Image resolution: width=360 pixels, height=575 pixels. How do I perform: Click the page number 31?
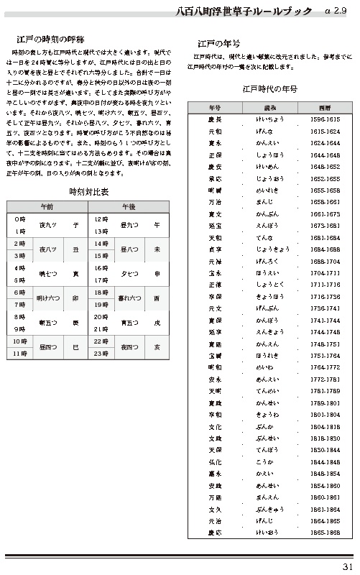347,566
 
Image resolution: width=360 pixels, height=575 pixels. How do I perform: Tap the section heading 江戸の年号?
218,44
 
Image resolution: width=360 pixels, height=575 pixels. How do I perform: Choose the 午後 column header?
129,206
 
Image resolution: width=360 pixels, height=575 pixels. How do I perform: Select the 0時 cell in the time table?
20,218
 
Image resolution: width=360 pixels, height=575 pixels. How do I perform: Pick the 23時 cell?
101,354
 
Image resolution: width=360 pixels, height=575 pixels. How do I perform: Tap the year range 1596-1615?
326,119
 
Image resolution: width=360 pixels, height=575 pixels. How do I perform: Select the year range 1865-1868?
326,533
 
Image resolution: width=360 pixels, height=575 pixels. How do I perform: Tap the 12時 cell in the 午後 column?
101,218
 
